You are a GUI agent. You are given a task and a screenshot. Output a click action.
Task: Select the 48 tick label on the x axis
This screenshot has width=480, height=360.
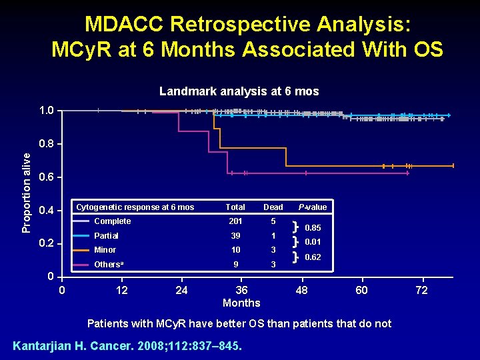pos(302,290)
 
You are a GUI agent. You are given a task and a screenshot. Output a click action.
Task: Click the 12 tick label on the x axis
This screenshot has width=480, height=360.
pos(122,290)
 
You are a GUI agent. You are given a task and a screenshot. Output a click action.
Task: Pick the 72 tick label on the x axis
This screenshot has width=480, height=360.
pos(422,290)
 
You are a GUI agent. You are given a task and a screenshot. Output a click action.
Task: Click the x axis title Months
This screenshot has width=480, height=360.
pos(241,303)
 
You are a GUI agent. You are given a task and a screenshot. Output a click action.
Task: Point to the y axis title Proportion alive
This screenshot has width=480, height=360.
pos(27,192)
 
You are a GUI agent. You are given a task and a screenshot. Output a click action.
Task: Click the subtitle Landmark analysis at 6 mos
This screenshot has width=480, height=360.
pos(239,91)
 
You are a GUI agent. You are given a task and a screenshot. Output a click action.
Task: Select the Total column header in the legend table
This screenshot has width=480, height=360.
pos(235,207)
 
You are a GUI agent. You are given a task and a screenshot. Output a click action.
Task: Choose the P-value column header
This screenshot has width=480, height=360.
pos(313,207)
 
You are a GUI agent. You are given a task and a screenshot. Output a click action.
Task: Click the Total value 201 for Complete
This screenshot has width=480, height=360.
pos(235,221)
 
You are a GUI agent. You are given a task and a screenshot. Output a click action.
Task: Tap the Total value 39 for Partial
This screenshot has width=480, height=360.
pos(235,236)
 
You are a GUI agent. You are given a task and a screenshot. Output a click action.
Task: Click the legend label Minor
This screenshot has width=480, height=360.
pos(105,250)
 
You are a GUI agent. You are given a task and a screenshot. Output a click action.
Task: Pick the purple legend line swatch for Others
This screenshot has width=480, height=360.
pos(82,265)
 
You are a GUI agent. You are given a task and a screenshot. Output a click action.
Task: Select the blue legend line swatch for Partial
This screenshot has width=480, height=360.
pos(82,236)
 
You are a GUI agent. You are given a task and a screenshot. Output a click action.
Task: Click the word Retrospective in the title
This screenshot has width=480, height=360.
pos(248,24)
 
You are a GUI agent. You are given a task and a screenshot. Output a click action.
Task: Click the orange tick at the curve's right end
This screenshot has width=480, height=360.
pos(453,165)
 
